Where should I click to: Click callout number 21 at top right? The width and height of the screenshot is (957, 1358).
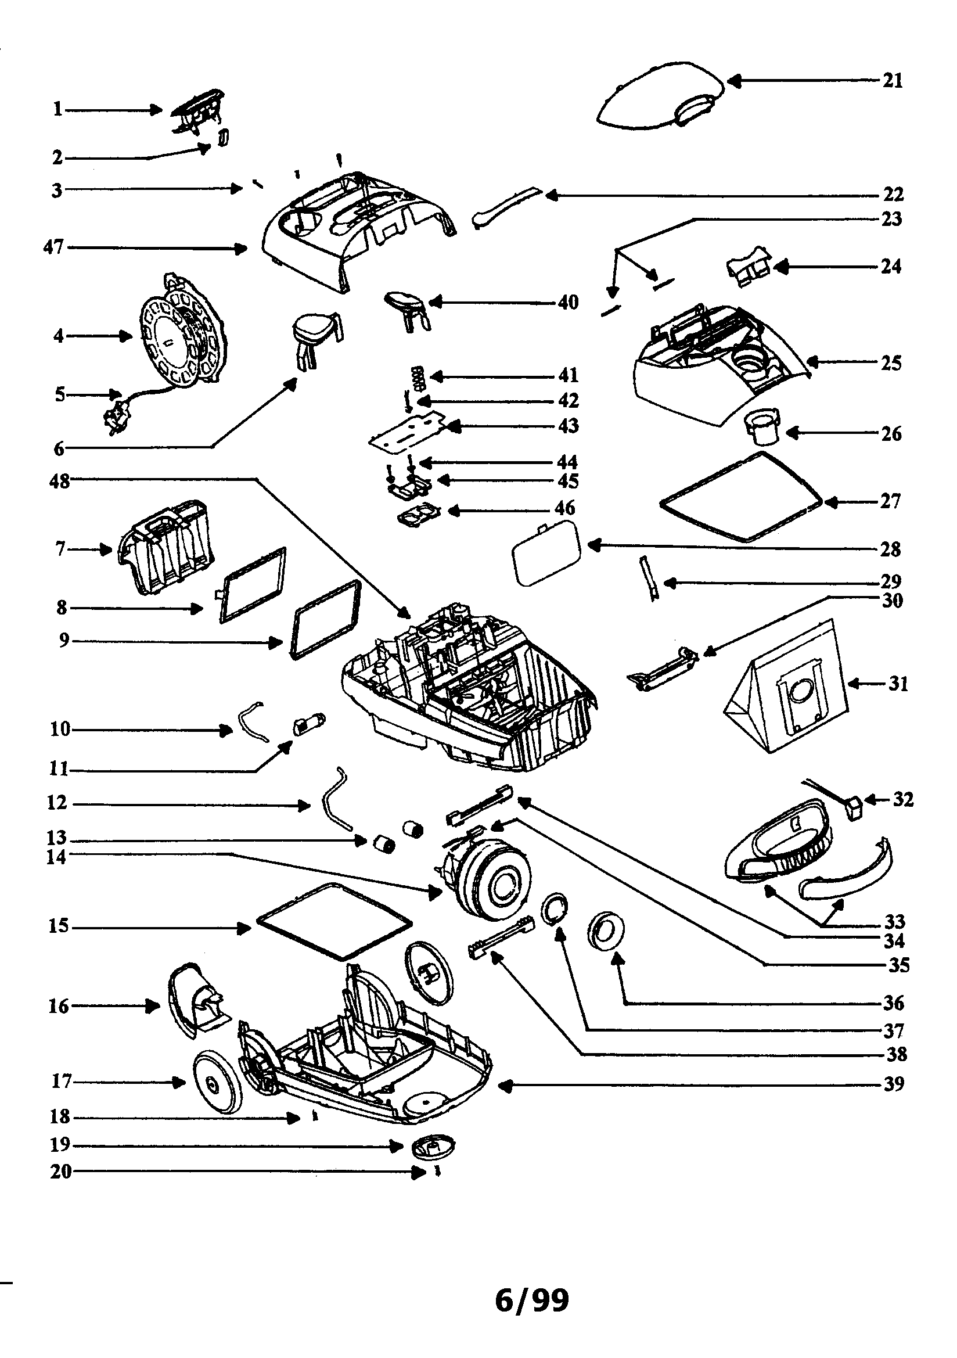pyautogui.click(x=893, y=80)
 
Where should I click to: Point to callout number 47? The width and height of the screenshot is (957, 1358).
pyautogui.click(x=54, y=247)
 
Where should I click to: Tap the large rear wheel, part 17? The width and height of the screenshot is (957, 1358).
pyautogui.click(x=218, y=1082)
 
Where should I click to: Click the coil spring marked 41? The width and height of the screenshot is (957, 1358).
pyautogui.click(x=419, y=378)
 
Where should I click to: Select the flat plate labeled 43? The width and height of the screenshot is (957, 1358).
pyautogui.click(x=408, y=429)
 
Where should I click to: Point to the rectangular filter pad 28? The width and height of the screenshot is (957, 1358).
pyautogui.click(x=545, y=552)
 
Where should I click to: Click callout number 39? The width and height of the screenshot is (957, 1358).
pyautogui.click(x=894, y=1084)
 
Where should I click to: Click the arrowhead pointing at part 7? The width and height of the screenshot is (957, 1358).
pyautogui.click(x=107, y=550)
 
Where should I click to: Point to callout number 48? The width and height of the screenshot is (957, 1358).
pyautogui.click(x=59, y=482)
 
